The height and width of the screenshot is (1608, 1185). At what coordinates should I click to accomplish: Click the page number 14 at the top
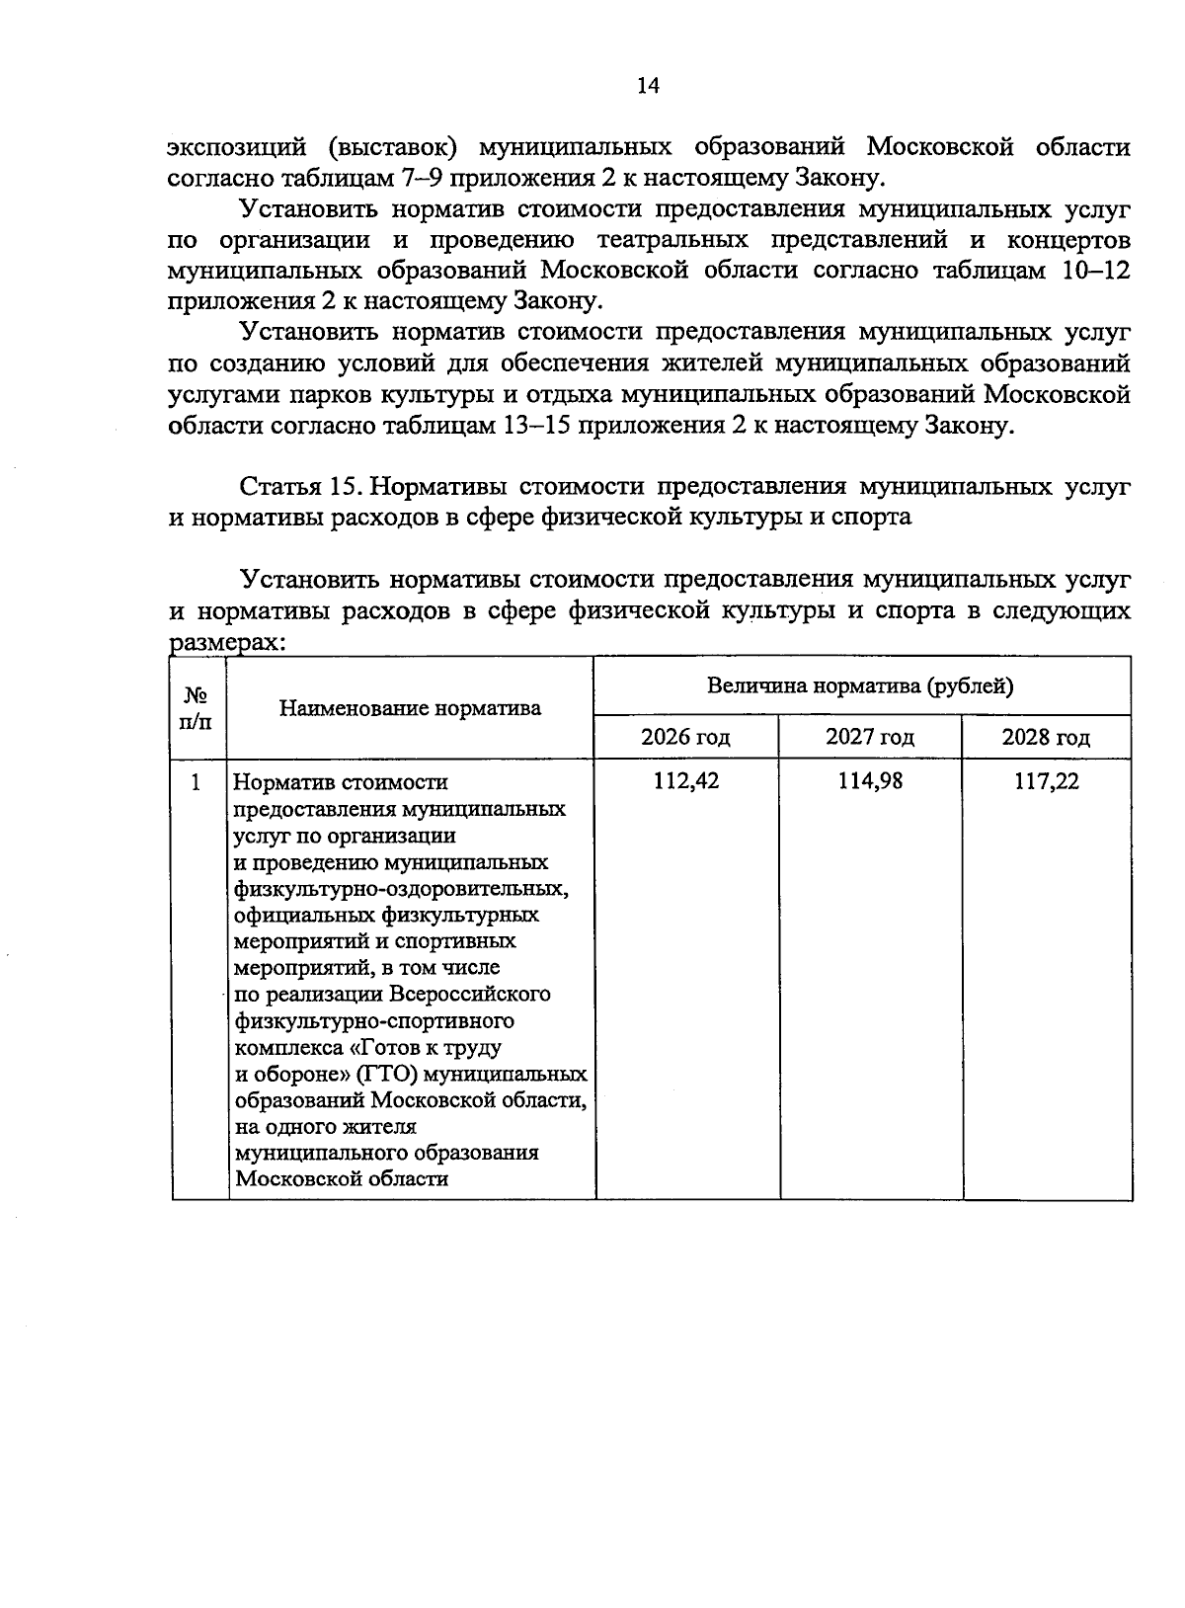pyautogui.click(x=648, y=86)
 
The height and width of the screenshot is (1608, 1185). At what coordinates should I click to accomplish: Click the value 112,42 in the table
pyautogui.click(x=686, y=781)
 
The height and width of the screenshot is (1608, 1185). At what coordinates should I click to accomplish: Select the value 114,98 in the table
pyautogui.click(x=870, y=781)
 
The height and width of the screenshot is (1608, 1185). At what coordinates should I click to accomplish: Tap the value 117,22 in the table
pyautogui.click(x=1047, y=781)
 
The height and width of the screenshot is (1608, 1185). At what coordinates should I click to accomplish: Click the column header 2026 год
pyautogui.click(x=685, y=737)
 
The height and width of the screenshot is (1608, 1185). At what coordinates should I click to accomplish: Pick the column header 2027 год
pyautogui.click(x=870, y=737)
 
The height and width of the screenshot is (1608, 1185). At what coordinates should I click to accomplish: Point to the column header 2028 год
pyautogui.click(x=1046, y=737)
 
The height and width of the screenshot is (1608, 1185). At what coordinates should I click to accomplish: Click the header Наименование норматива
pyautogui.click(x=410, y=708)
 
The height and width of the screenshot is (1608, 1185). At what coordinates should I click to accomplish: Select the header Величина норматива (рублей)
pyautogui.click(x=860, y=685)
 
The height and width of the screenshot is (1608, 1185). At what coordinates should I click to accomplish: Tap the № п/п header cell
pyautogui.click(x=196, y=708)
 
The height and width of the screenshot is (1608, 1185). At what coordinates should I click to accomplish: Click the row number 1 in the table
pyautogui.click(x=196, y=782)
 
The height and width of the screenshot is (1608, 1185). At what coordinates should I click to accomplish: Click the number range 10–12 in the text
pyautogui.click(x=1095, y=271)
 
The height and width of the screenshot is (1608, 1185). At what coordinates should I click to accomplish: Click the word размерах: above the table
pyautogui.click(x=227, y=643)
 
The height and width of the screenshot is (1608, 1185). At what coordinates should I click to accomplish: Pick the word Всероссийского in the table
pyautogui.click(x=468, y=994)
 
